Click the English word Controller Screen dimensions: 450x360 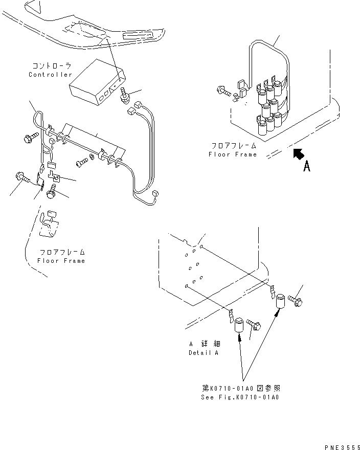51,75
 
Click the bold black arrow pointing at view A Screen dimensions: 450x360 297,153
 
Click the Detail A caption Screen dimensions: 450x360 204,353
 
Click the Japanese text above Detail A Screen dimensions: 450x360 204,345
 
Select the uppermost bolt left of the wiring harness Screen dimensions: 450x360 29,138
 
